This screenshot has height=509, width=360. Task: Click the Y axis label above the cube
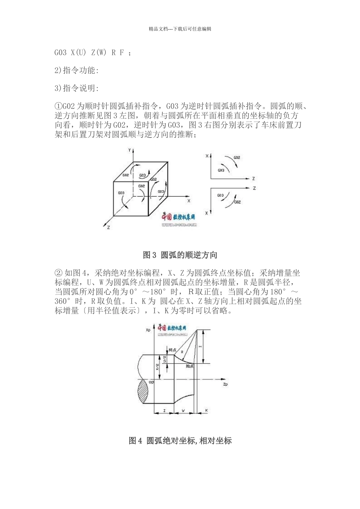130,150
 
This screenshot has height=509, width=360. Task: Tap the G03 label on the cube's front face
121,193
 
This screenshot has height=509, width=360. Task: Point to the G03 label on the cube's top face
142,175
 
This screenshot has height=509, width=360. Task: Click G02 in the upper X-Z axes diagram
237,157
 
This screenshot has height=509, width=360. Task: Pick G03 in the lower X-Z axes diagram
221,195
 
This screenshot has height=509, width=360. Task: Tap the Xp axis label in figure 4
148,330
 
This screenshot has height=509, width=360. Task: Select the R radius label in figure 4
182,352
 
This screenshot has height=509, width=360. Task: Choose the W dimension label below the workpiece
183,411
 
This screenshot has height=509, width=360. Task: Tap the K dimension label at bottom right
206,411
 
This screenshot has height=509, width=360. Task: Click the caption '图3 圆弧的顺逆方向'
180,255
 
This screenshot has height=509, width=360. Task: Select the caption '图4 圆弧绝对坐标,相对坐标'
180,440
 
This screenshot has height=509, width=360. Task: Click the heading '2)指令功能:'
77,70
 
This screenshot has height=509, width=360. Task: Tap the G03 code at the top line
61,53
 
